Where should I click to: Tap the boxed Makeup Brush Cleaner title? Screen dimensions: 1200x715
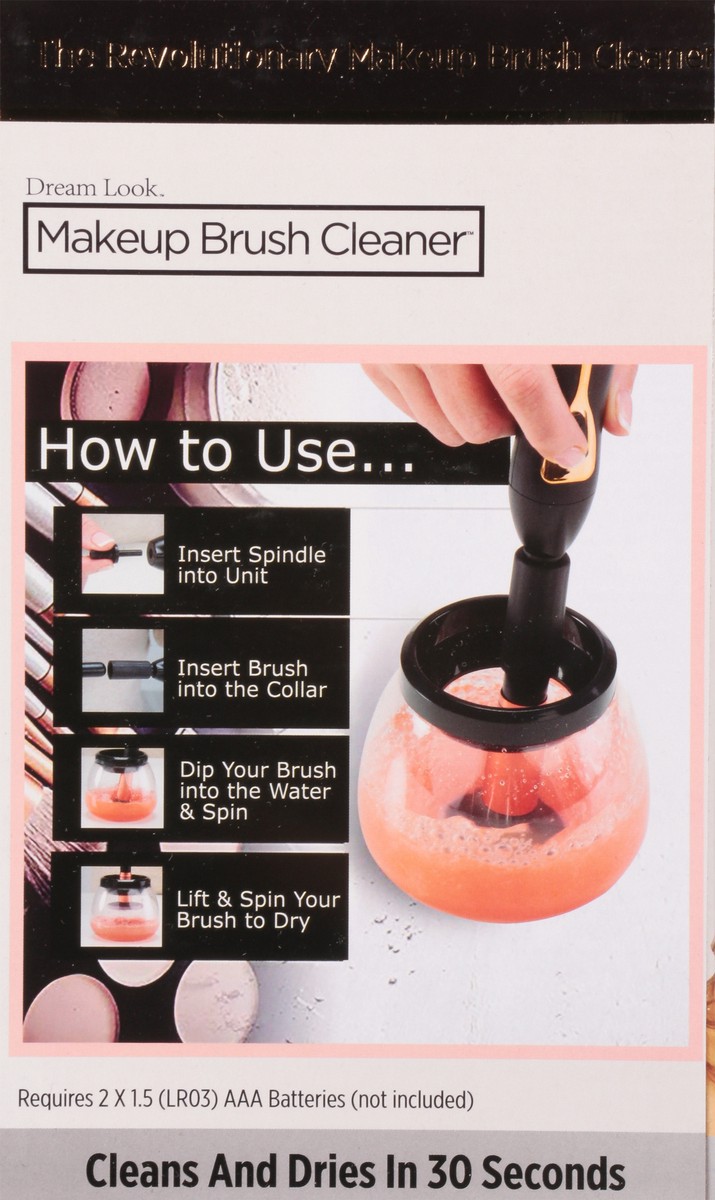click(253, 240)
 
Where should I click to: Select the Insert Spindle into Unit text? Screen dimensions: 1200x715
click(251, 565)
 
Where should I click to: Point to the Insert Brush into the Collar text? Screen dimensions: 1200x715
click(251, 678)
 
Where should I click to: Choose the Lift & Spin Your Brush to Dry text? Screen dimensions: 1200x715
click(257, 909)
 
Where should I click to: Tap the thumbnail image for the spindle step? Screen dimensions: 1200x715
click(122, 553)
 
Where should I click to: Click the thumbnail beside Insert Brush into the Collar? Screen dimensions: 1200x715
click(122, 670)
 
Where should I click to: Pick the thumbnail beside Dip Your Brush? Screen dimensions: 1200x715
click(122, 788)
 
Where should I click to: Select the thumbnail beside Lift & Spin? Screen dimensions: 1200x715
click(122, 905)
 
